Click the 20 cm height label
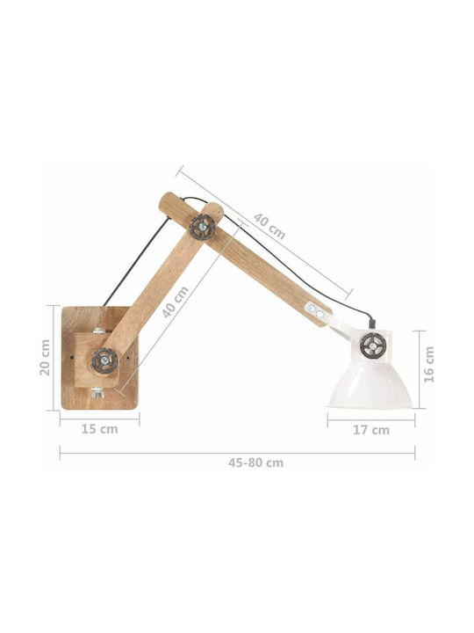coord(45,357)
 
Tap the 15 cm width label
coord(99,429)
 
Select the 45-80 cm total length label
coord(256,462)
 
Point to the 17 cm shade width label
coord(371,430)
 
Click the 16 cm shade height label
coord(429,365)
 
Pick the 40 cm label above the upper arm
coord(269,226)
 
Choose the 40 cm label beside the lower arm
coord(176,302)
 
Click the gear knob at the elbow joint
coord(202,228)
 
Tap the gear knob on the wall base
coord(104,360)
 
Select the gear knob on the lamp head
coord(373,346)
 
